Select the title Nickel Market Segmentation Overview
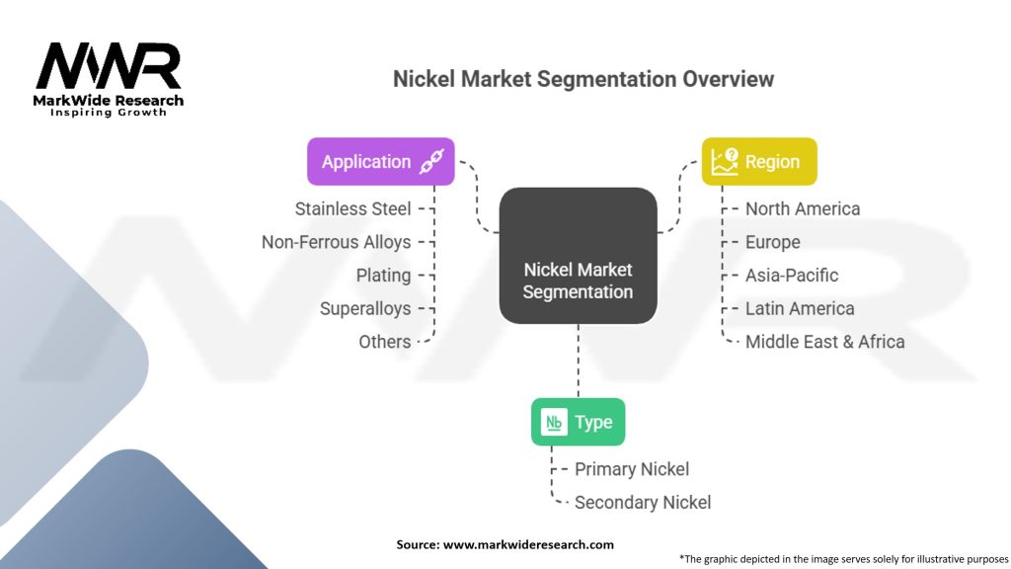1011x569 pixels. (x=583, y=80)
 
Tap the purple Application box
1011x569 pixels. (x=380, y=161)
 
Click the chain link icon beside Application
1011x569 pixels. (x=432, y=162)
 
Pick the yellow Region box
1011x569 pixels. (x=759, y=161)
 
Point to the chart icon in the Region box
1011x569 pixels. (x=726, y=161)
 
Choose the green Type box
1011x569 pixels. (x=578, y=422)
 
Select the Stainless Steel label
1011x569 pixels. (x=352, y=208)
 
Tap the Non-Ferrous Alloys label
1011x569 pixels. (x=336, y=242)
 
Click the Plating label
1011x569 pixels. (x=383, y=276)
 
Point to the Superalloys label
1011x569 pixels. (x=365, y=308)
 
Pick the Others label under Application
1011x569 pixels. (x=385, y=342)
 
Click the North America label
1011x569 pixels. (x=803, y=208)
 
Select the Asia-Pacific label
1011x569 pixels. (x=792, y=276)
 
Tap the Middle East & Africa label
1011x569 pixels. (x=825, y=342)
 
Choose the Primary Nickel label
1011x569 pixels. (x=632, y=469)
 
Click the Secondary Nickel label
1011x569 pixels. (x=643, y=502)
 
